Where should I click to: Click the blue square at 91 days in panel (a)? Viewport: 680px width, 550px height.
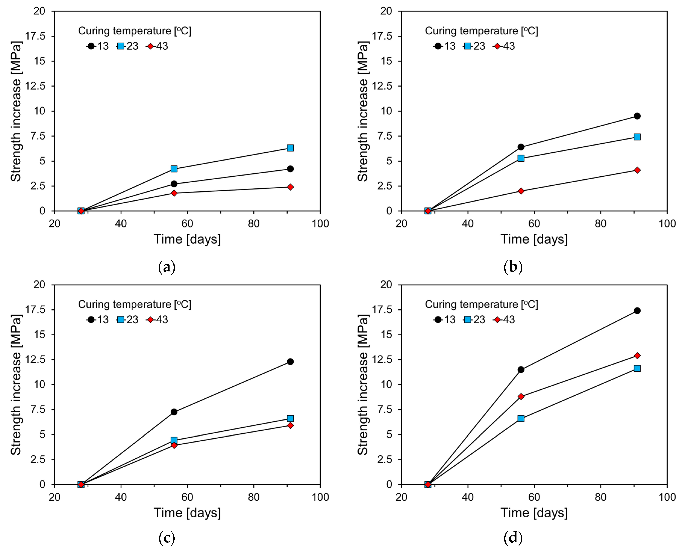290,148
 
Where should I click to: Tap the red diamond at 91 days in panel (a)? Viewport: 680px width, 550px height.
290,187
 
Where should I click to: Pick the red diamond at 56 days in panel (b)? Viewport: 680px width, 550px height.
521,191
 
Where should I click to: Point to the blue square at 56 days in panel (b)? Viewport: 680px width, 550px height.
521,158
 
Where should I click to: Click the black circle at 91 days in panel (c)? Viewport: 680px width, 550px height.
290,361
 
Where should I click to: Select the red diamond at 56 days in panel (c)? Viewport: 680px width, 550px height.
174,445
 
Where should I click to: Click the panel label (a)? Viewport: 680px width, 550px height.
167,267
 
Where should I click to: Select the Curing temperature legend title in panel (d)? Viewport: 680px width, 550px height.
481,304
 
